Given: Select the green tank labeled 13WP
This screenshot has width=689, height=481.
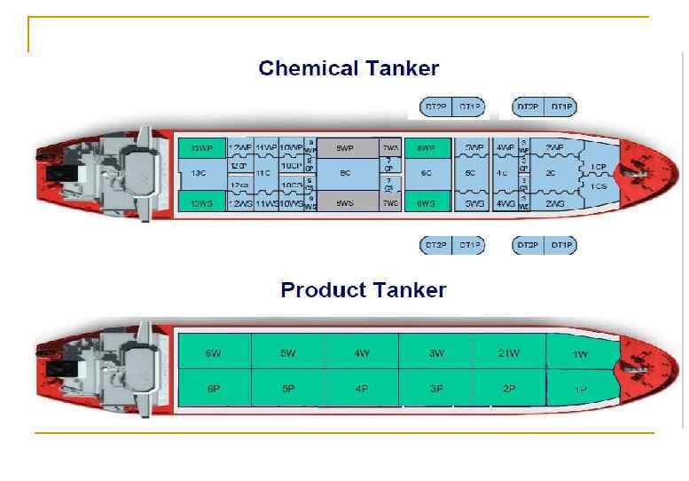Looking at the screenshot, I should pyautogui.click(x=201, y=147).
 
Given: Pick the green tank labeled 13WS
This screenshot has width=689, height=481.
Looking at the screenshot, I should pyautogui.click(x=201, y=203).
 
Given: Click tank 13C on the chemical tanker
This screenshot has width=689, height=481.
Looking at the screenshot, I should pyautogui.click(x=200, y=175).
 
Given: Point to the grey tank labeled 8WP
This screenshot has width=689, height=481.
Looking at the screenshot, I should pyautogui.click(x=344, y=147).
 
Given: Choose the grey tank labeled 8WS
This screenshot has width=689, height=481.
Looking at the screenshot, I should pyautogui.click(x=344, y=203).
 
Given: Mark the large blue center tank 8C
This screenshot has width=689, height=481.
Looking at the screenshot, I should pyautogui.click(x=344, y=175).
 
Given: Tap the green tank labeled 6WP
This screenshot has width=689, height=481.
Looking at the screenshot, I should pyautogui.click(x=427, y=147).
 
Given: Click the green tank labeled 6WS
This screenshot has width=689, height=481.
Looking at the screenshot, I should pyautogui.click(x=427, y=203).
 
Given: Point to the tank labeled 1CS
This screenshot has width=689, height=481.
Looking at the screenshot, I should pyautogui.click(x=599, y=186).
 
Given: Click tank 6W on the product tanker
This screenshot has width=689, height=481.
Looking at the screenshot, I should pyautogui.click(x=214, y=352).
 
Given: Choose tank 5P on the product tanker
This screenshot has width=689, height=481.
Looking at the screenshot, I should pyautogui.click(x=287, y=388).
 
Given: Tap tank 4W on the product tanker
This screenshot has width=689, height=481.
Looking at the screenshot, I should pyautogui.click(x=361, y=352).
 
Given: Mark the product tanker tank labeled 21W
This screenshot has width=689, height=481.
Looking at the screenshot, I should pyautogui.click(x=508, y=352).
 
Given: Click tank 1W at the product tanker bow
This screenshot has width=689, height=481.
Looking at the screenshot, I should pyautogui.click(x=580, y=353).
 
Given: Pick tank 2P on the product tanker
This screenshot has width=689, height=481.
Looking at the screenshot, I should pyautogui.click(x=508, y=388).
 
